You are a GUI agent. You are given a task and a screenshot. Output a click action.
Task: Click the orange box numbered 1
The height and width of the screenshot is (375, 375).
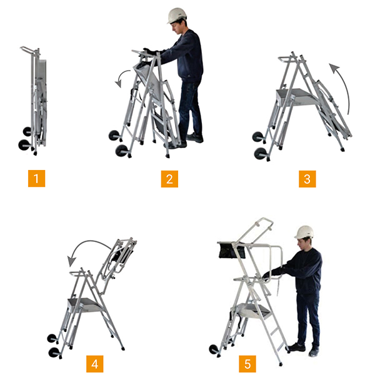point(36,179)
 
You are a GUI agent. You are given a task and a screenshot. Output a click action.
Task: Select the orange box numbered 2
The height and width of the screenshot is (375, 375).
point(169,179)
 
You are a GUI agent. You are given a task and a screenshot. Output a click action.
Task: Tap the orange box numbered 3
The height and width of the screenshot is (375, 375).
point(307,179)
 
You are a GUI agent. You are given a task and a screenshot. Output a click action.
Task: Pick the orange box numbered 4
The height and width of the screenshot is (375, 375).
point(95,364)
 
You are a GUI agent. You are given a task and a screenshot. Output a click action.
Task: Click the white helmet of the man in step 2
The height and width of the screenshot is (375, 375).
point(177,14)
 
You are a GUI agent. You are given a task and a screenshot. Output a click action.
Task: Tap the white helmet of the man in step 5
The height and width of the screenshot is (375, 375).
point(304,232)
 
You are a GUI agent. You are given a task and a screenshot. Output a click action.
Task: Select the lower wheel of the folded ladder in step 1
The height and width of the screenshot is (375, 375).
point(25,146)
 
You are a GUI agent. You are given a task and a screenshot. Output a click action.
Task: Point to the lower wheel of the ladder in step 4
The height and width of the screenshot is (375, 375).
point(54,352)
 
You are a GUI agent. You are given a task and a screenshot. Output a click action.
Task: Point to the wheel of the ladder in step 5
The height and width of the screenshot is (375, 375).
point(214,350)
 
